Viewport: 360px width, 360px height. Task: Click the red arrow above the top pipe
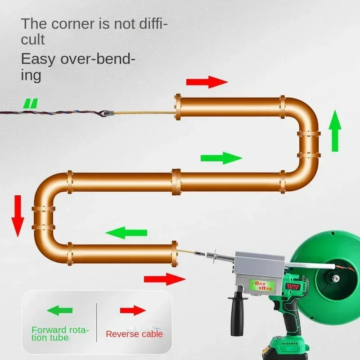coord(207,82)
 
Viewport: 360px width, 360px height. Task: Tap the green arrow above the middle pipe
coord(221,158)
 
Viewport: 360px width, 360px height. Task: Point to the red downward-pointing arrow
coord(18,216)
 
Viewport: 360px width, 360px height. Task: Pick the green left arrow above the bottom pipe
coord(126,233)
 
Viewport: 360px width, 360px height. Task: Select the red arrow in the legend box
coord(133,310)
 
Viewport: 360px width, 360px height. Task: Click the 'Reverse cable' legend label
coord(134,334)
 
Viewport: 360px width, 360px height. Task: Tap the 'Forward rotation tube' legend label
coord(60,333)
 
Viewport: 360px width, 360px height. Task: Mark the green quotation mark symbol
coord(31,104)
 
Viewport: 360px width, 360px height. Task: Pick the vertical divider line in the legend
coord(97,320)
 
